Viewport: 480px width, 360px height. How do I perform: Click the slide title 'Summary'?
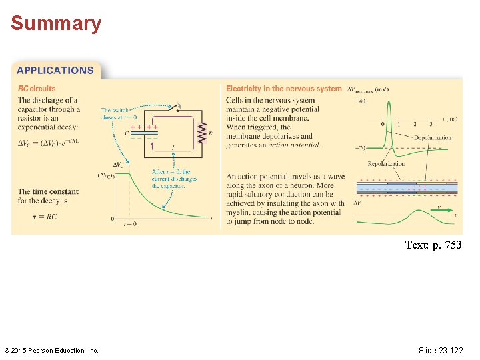tap(56, 24)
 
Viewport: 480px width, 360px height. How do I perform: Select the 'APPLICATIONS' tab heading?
tap(55, 70)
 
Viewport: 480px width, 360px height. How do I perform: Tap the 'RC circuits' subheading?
tap(37, 88)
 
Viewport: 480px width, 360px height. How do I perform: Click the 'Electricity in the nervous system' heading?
tap(283, 89)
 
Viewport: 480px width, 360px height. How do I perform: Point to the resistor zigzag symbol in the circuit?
tap(203, 133)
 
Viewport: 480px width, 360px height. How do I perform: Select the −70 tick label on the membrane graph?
tap(360, 147)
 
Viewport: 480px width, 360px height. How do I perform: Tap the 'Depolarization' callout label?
tap(432, 137)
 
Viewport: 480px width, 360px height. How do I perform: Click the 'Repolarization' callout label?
tap(386, 163)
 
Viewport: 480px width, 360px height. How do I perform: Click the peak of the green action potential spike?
tap(387, 100)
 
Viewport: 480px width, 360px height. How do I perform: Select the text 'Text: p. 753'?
tap(433, 245)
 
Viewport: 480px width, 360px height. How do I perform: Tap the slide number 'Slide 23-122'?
tap(441, 350)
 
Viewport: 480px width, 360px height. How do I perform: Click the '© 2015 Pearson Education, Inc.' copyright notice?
tap(51, 351)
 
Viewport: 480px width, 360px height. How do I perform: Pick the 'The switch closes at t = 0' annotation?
tap(115, 113)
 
